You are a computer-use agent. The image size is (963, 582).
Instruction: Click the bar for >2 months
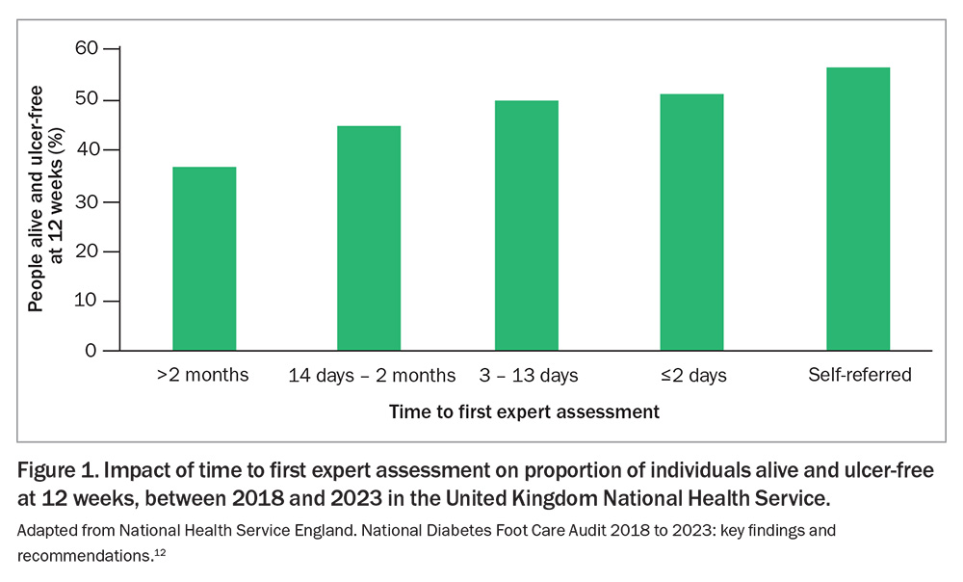click(x=204, y=258)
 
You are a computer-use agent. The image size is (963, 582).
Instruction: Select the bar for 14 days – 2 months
click(x=369, y=238)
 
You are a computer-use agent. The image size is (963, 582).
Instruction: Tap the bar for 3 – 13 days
click(x=527, y=225)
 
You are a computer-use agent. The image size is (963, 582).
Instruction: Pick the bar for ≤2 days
click(x=691, y=223)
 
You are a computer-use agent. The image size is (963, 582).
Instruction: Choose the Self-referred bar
click(x=858, y=209)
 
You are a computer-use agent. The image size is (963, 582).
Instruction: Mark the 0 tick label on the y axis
click(x=91, y=352)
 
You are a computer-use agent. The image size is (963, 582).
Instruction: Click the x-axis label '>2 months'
click(x=202, y=375)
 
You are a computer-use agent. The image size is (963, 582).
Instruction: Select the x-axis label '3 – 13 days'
click(x=529, y=375)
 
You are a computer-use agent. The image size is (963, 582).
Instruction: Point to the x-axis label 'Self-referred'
click(x=860, y=375)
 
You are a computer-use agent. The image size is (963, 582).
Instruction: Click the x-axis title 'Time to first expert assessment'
click(x=524, y=412)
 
